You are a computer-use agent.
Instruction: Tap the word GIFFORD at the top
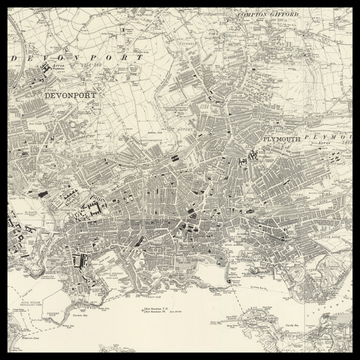(x=285, y=15)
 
